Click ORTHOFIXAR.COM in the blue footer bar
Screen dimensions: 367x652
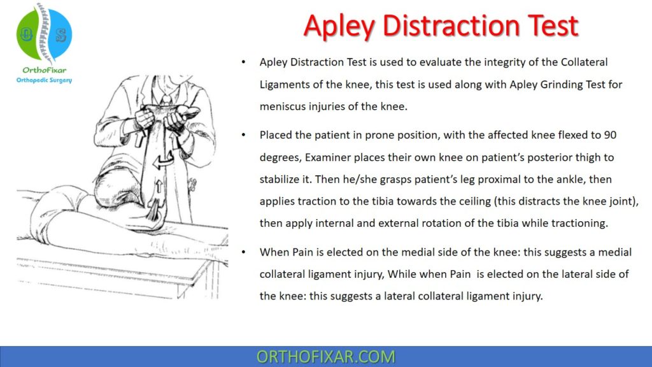point(325,356)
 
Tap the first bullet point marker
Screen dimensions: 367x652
point(244,62)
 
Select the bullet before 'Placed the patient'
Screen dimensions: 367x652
point(244,136)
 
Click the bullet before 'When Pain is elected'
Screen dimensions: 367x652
point(244,252)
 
